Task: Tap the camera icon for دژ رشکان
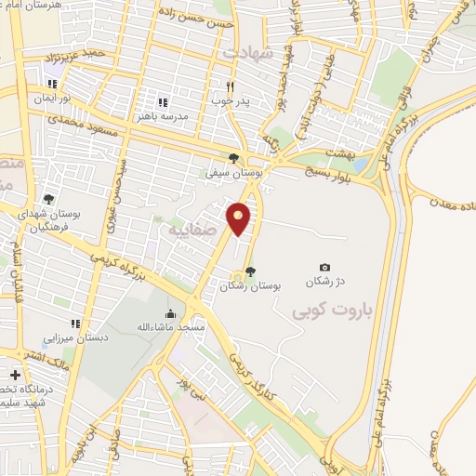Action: coord(324,268)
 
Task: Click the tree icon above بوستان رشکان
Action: coord(249,271)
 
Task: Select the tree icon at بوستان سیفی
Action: coord(233,158)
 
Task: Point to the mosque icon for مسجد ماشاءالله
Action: coord(169,313)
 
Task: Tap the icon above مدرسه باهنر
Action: coord(163,102)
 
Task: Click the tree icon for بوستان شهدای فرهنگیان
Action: coord(48,198)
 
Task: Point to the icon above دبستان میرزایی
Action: coord(76,324)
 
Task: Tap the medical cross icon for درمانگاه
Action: coord(14,375)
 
